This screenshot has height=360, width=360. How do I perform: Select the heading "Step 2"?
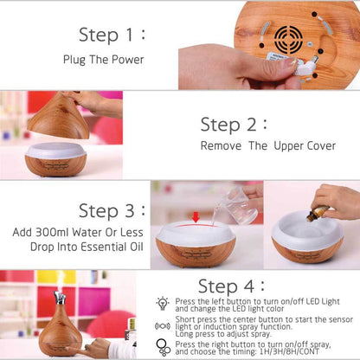(234, 124)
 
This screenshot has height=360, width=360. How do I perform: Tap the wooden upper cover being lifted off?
(61, 117)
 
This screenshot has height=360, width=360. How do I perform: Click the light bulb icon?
(162, 304)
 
